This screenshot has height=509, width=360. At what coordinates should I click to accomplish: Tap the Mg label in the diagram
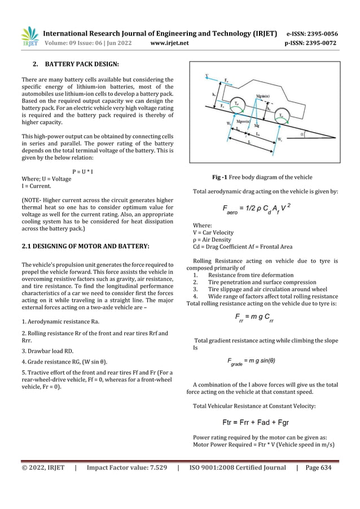click(x=257, y=126)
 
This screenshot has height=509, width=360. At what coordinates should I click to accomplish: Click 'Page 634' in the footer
click(x=318, y=467)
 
